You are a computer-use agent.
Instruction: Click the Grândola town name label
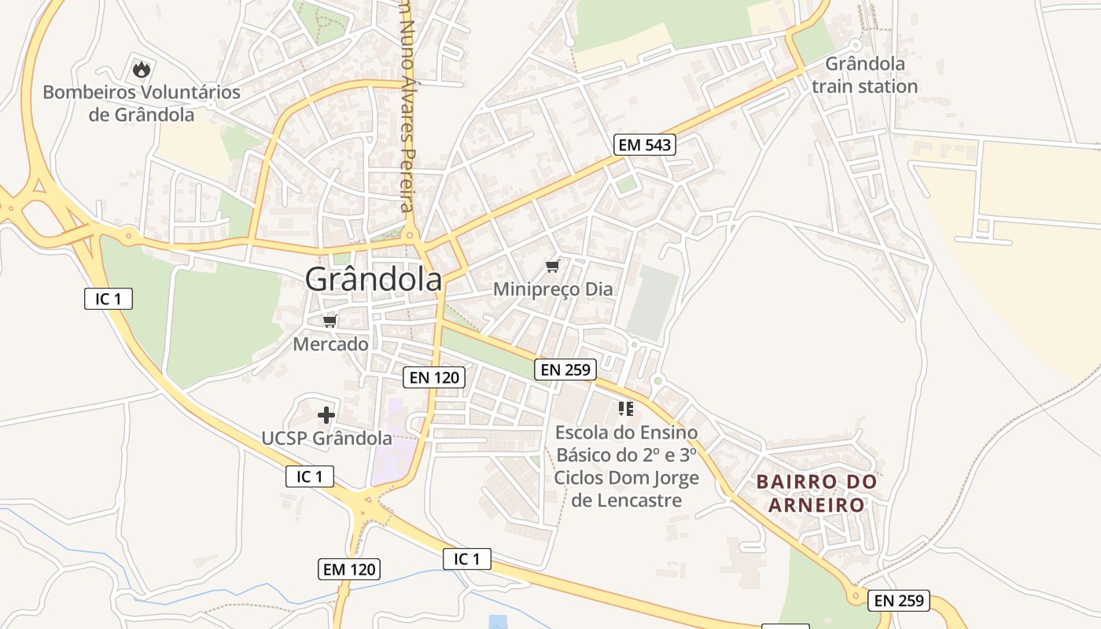[373, 279]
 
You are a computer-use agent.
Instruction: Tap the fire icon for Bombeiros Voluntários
[141, 69]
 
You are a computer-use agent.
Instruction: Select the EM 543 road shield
[644, 145]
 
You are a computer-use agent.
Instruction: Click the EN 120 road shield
[433, 377]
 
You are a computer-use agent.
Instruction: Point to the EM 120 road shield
[349, 569]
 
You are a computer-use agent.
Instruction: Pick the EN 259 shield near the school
[565, 370]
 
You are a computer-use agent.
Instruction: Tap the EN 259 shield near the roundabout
[899, 601]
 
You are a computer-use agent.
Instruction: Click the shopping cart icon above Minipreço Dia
[553, 267]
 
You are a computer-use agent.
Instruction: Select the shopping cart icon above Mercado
[330, 321]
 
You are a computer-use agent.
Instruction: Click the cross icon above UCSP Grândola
[326, 414]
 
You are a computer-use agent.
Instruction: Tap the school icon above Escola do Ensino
[626, 408]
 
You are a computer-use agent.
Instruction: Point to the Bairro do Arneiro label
[816, 493]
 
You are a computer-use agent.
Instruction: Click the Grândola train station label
[864, 75]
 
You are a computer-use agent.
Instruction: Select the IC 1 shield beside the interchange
[109, 299]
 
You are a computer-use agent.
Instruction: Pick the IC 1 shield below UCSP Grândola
[309, 476]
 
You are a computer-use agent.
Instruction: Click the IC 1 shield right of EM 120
[467, 559]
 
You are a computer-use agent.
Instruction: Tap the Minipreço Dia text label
[552, 289]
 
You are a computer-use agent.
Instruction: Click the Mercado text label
[330, 344]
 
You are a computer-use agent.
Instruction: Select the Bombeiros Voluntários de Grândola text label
[142, 103]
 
